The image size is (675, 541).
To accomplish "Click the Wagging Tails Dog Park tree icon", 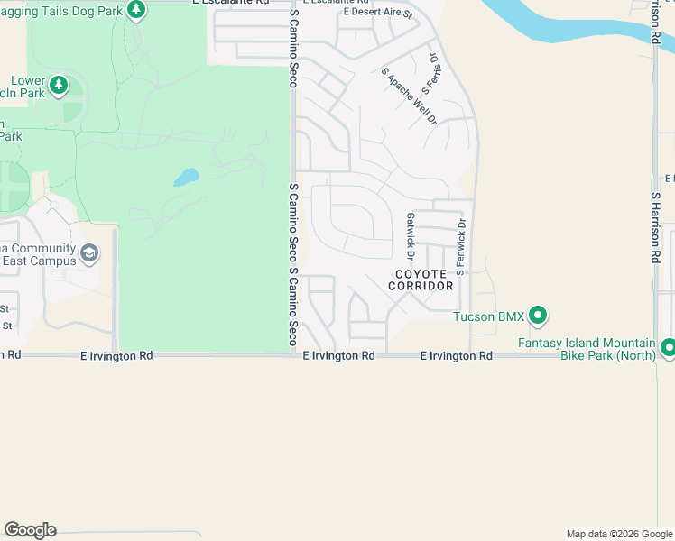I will (x=135, y=10).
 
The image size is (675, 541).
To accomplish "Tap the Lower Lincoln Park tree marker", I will (x=59, y=86).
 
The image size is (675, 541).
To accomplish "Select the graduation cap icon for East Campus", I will (x=88, y=253).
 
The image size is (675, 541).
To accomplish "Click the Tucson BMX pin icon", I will (x=538, y=316).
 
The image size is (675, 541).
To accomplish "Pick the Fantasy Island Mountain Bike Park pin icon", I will (x=668, y=347).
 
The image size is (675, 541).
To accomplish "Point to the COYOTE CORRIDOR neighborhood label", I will (x=421, y=280).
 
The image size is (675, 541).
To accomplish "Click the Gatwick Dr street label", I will (x=410, y=230).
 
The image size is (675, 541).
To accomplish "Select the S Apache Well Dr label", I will (x=409, y=96).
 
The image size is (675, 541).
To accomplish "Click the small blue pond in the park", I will (x=186, y=177).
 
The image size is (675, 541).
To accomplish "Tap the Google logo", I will (x=30, y=530).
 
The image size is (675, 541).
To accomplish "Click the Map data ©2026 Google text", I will (x=618, y=534).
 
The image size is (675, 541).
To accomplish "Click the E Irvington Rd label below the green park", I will (x=116, y=356).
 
